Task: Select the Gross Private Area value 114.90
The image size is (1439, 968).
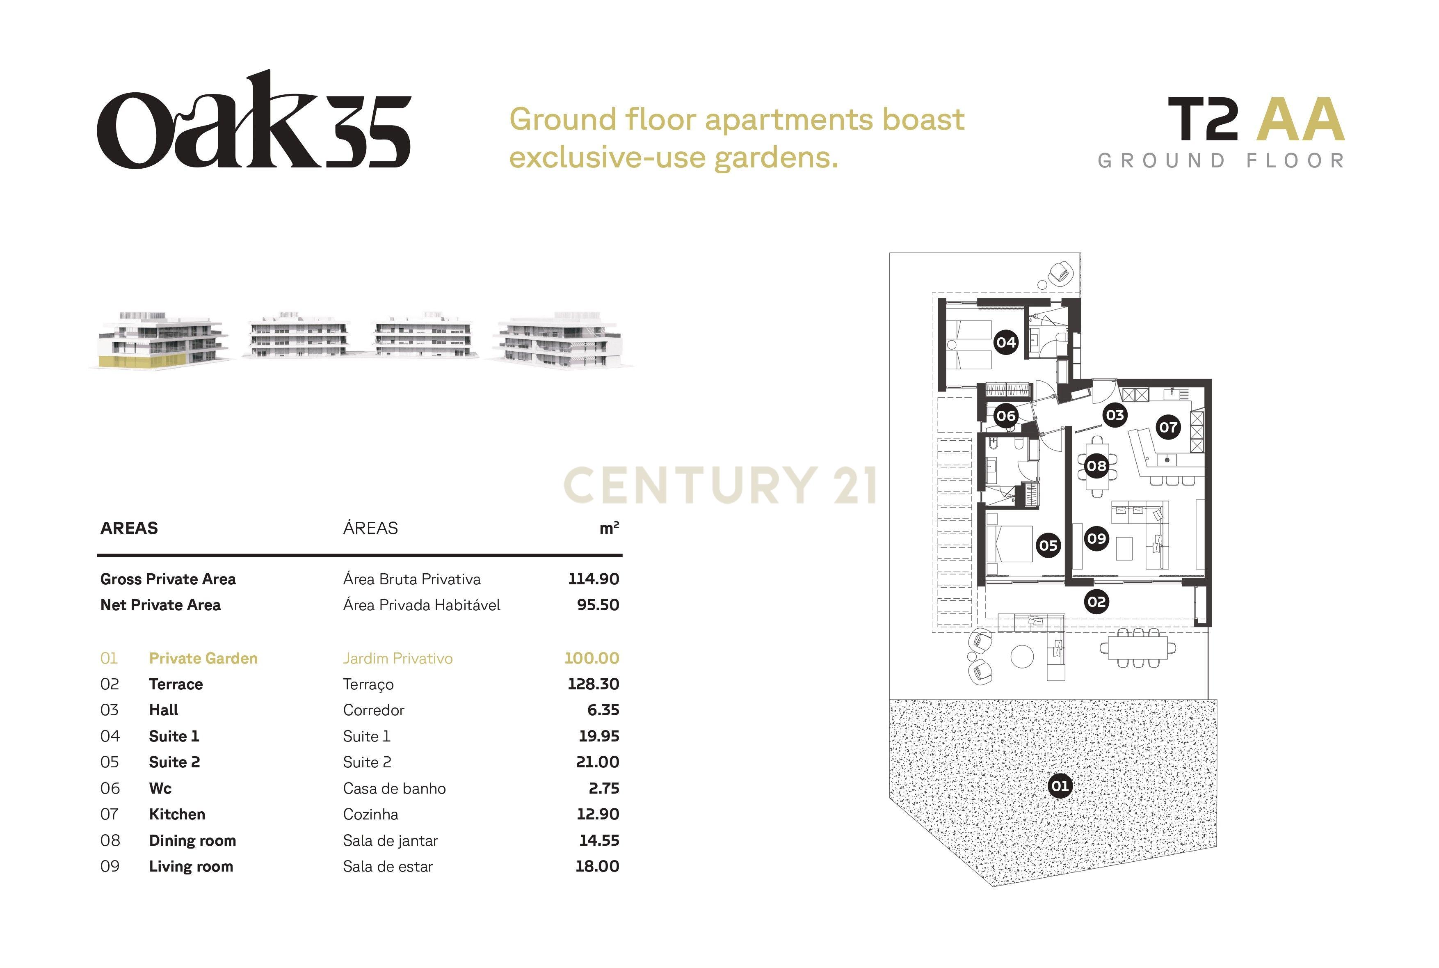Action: [x=594, y=579]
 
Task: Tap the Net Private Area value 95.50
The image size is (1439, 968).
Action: [x=598, y=605]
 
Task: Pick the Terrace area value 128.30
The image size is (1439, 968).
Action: [x=594, y=684]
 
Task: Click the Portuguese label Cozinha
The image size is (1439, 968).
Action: [x=371, y=814]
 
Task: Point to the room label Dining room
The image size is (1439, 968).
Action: [x=192, y=840]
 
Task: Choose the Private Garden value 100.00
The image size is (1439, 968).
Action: [x=592, y=658]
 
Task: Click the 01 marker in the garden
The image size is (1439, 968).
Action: [x=1060, y=786]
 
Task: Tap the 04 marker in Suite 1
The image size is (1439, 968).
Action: [x=1006, y=342]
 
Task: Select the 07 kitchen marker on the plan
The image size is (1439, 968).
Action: [x=1168, y=427]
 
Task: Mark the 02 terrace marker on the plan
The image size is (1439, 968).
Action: [x=1096, y=602]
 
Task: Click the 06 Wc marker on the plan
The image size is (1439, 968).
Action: [x=1006, y=416]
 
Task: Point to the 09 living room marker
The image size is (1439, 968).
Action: [x=1096, y=539]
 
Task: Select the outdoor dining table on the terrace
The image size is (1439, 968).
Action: [x=1138, y=648]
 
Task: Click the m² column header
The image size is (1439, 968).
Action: [x=609, y=528]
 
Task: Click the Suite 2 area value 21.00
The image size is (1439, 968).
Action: [x=597, y=762]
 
